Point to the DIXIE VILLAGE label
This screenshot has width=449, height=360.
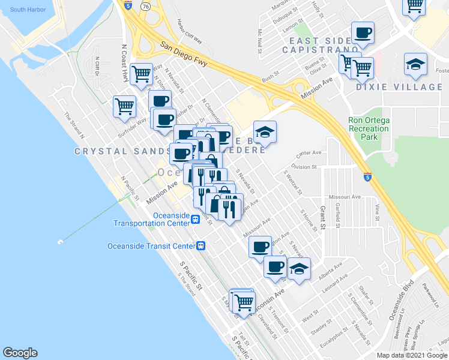[408, 88]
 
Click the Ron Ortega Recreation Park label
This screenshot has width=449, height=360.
[369, 128]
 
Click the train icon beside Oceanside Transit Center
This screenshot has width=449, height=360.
[201, 245]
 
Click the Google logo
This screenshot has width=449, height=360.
[20, 353]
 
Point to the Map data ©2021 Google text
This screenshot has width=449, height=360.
[411, 355]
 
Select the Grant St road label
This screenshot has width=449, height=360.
[322, 218]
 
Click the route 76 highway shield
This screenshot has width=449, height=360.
[146, 5]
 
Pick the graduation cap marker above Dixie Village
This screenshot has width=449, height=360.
[415, 64]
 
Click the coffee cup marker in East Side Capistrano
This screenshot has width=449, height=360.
[363, 32]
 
